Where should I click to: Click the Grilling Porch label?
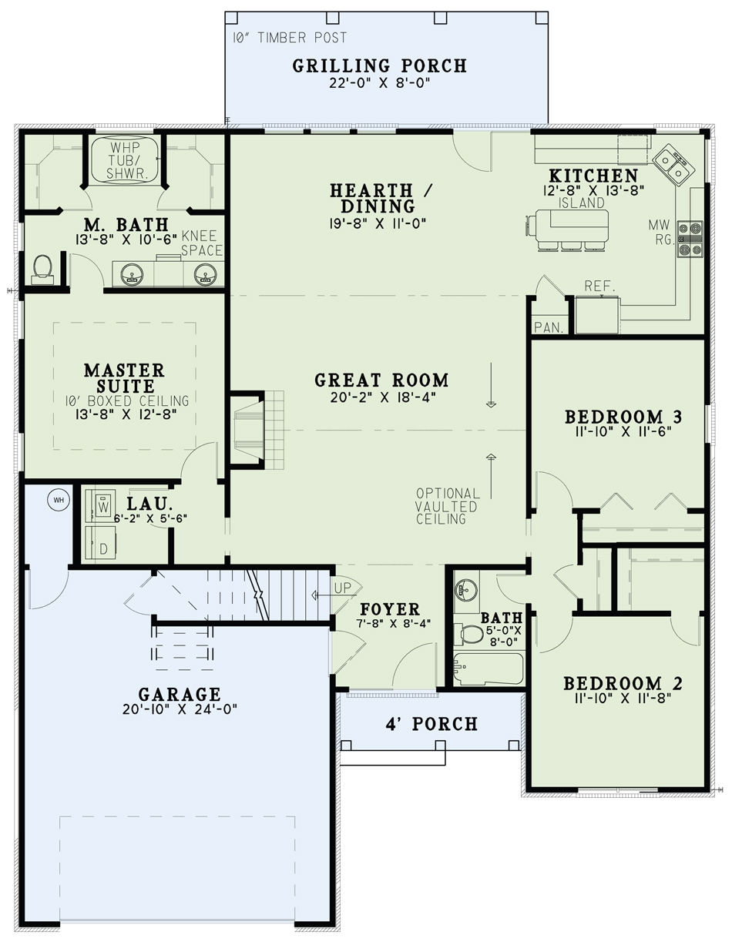tap(379, 65)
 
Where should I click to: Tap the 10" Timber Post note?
tap(290, 37)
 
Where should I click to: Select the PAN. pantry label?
tap(548, 327)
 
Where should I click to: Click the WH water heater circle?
tap(58, 500)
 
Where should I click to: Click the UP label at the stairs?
tap(344, 588)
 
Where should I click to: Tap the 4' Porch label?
tap(431, 724)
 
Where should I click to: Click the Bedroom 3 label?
tap(623, 417)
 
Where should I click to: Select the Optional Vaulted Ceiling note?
tap(448, 506)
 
